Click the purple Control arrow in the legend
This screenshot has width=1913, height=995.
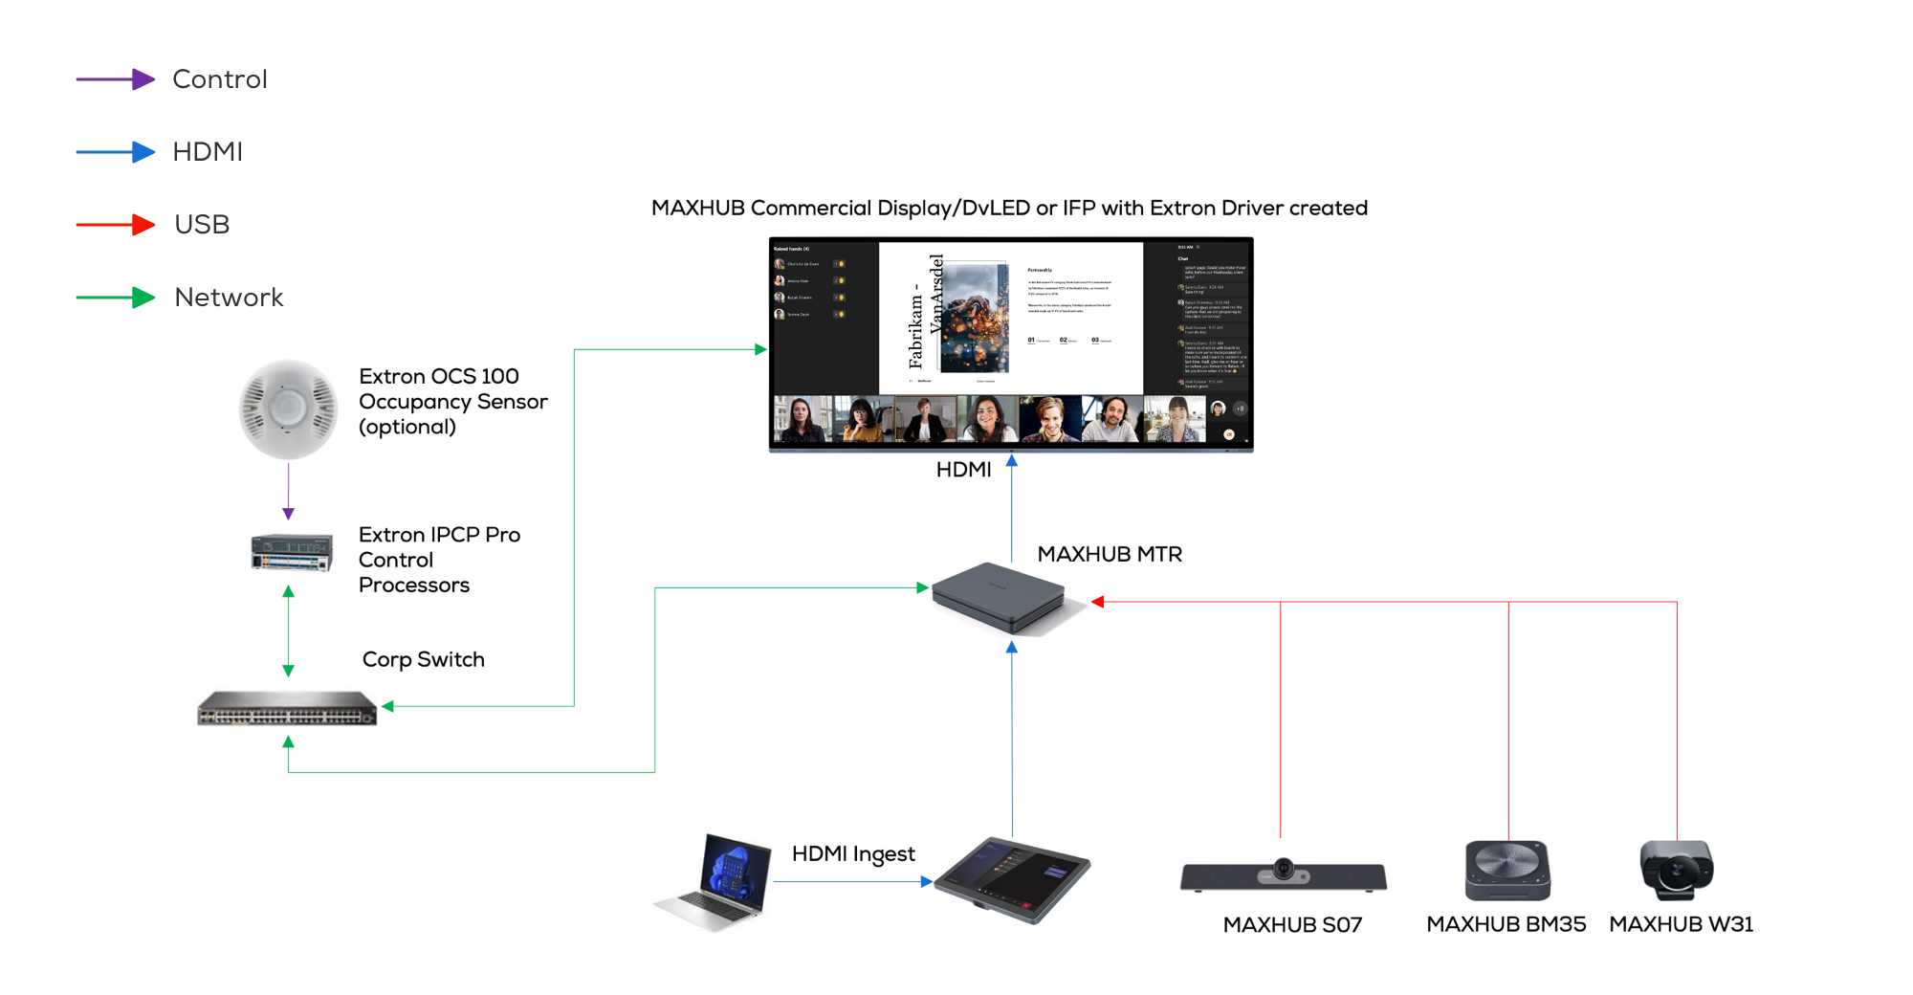coord(115,79)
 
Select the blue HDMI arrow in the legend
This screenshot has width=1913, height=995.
coord(115,152)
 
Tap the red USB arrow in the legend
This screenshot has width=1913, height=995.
coord(115,225)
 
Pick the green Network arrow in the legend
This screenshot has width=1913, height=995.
coord(115,298)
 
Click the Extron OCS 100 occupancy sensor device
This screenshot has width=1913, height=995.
coord(288,409)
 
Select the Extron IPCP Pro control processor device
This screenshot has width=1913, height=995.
coord(292,552)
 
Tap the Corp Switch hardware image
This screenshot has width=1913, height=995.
coord(287,708)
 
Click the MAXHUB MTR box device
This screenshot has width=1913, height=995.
coord(1000,598)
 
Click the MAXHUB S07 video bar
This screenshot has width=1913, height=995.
coord(1283,874)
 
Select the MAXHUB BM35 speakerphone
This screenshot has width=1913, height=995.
coord(1507,870)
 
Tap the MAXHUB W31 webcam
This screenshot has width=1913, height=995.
coord(1677,870)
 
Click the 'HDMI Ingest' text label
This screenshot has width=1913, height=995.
coord(853,853)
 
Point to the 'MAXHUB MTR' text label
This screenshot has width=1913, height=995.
coord(1110,555)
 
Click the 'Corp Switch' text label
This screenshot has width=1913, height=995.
coord(423,659)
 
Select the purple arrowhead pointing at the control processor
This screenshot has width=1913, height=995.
coord(288,514)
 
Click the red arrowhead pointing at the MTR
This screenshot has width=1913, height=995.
coord(1098,602)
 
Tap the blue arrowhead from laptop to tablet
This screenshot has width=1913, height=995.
coord(926,882)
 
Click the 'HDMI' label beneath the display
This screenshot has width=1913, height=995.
coord(963,470)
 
